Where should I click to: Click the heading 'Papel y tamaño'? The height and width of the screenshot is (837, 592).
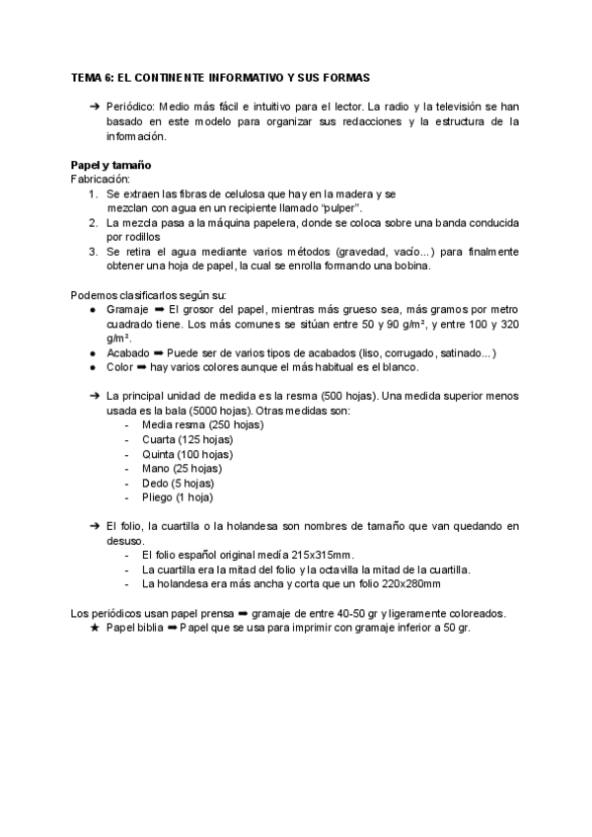(x=110, y=164)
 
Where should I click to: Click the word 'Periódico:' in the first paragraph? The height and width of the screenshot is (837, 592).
(x=130, y=105)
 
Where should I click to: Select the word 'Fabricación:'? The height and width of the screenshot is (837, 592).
(x=101, y=180)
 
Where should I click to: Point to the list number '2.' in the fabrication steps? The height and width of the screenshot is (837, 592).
(x=92, y=224)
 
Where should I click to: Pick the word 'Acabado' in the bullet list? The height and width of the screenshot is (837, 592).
(x=127, y=353)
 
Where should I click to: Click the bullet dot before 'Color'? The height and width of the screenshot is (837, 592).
(x=93, y=367)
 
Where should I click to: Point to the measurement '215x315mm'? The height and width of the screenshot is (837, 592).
(x=325, y=556)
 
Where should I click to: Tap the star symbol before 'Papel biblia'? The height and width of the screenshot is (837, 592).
(x=94, y=628)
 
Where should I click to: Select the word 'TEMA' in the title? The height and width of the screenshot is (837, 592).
(x=86, y=76)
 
